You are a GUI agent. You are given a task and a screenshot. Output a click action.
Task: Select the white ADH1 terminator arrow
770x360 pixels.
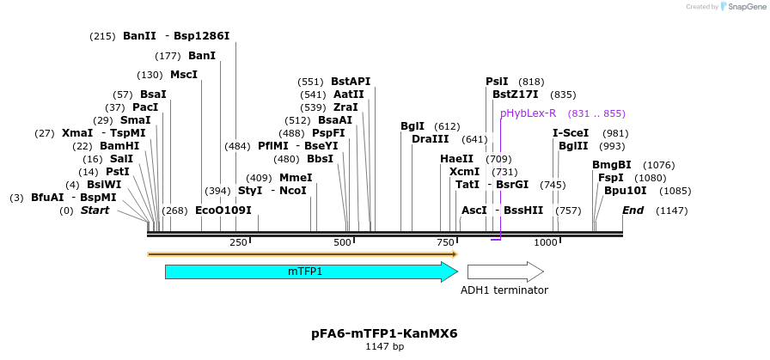[504, 272]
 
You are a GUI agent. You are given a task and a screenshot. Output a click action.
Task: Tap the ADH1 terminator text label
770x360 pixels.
[504, 290]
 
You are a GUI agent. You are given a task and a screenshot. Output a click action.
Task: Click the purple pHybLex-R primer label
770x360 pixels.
[529, 113]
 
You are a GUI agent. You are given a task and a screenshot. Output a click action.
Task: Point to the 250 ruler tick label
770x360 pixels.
[238, 243]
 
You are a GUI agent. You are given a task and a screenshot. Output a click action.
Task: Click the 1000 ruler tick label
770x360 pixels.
[547, 243]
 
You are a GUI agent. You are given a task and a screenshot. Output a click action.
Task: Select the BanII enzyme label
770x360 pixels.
[139, 36]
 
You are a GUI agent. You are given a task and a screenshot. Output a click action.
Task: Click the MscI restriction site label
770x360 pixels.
[184, 75]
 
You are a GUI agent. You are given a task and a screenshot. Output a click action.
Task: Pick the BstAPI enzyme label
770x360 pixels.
[351, 82]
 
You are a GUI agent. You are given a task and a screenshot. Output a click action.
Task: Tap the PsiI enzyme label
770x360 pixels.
[497, 82]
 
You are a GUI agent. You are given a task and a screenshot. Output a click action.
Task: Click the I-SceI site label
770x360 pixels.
[571, 133]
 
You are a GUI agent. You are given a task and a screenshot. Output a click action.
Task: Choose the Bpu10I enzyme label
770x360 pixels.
[624, 190]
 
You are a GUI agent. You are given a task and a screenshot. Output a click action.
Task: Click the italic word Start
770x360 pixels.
[95, 211]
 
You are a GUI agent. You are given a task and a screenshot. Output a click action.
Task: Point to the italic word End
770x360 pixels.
[632, 211]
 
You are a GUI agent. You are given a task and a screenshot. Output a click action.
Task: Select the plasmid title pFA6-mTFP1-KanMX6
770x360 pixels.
[384, 333]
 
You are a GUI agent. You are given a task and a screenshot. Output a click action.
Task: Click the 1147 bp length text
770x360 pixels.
[384, 346]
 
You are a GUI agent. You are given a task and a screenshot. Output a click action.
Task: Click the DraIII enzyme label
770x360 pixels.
[431, 139]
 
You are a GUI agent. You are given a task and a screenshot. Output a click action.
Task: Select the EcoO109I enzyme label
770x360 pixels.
[223, 211]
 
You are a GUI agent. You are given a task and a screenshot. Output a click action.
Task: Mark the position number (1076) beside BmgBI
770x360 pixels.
[659, 165]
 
